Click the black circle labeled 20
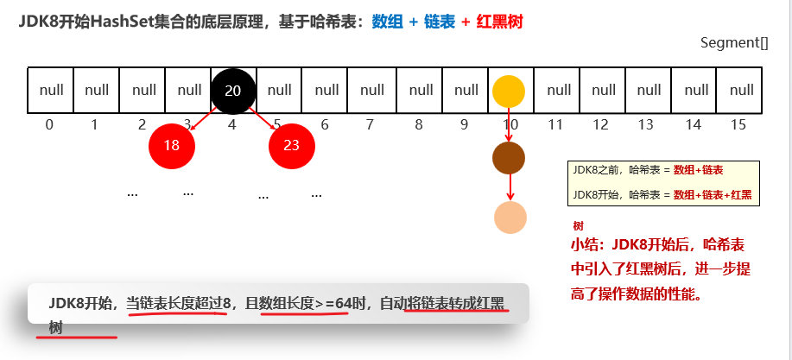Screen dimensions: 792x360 [232, 91]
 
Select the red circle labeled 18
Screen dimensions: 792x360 [171, 145]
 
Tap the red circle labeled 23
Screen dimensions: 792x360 [291, 145]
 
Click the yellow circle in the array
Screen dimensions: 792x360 [509, 91]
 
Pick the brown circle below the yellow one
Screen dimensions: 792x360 [509, 157]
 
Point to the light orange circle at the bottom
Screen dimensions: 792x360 [510, 217]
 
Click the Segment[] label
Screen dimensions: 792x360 [733, 42]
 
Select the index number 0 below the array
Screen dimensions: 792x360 [49, 124]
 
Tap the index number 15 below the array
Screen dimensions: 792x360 [738, 124]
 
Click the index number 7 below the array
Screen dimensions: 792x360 [370, 124]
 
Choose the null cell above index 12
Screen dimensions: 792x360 [604, 91]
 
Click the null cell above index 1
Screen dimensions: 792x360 [97, 91]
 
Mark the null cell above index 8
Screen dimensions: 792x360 [421, 91]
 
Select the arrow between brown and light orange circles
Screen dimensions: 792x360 [510, 186]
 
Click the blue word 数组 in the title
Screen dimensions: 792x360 [388, 22]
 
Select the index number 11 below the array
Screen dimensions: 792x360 [555, 124]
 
